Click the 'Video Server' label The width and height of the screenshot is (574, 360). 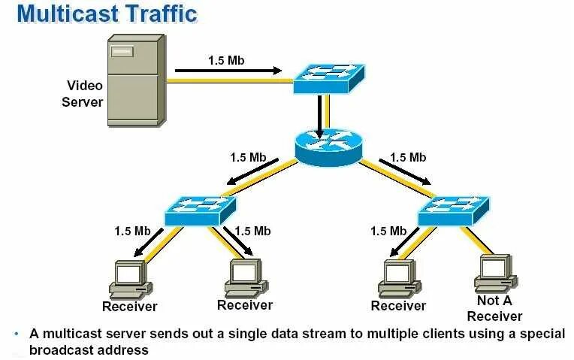(x=83, y=94)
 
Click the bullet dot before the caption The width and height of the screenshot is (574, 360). (x=17, y=333)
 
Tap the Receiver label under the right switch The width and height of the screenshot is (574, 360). (x=398, y=306)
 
